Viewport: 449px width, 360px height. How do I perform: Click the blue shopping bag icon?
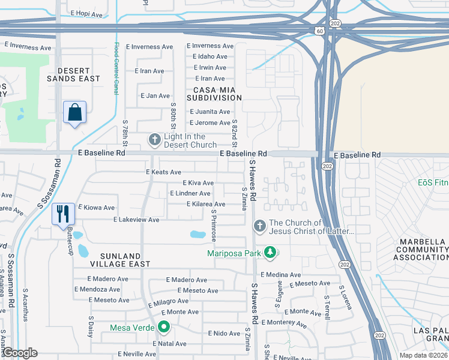pos(74,112)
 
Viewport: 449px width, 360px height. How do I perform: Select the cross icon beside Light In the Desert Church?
pos(154,140)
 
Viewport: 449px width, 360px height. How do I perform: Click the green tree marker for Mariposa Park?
pos(270,253)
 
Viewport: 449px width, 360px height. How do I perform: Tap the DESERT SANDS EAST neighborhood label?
pos(74,74)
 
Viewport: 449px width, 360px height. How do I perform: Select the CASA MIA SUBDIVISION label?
pos(214,94)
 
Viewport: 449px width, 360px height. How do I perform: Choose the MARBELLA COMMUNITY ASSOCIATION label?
pos(421,249)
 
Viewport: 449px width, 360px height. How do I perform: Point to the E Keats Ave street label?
pos(163,172)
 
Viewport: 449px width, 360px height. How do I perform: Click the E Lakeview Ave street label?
pos(136,220)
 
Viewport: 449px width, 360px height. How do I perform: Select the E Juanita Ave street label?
pos(209,112)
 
